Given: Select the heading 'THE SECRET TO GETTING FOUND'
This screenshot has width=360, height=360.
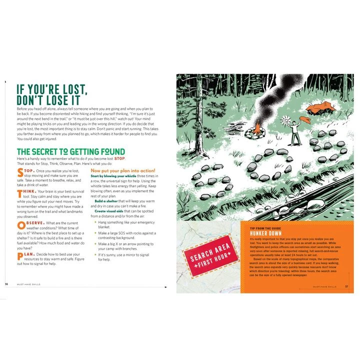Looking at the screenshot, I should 70,151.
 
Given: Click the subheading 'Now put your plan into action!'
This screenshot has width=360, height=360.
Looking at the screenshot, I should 123,170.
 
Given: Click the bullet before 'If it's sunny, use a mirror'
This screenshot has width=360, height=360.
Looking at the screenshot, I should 93,255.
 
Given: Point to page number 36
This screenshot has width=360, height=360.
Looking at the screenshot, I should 6,284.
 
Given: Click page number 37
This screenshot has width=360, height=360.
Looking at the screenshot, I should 346,286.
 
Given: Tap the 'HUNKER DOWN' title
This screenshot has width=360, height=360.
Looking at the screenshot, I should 267,233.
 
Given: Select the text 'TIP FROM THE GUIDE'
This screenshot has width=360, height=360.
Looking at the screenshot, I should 268,228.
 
